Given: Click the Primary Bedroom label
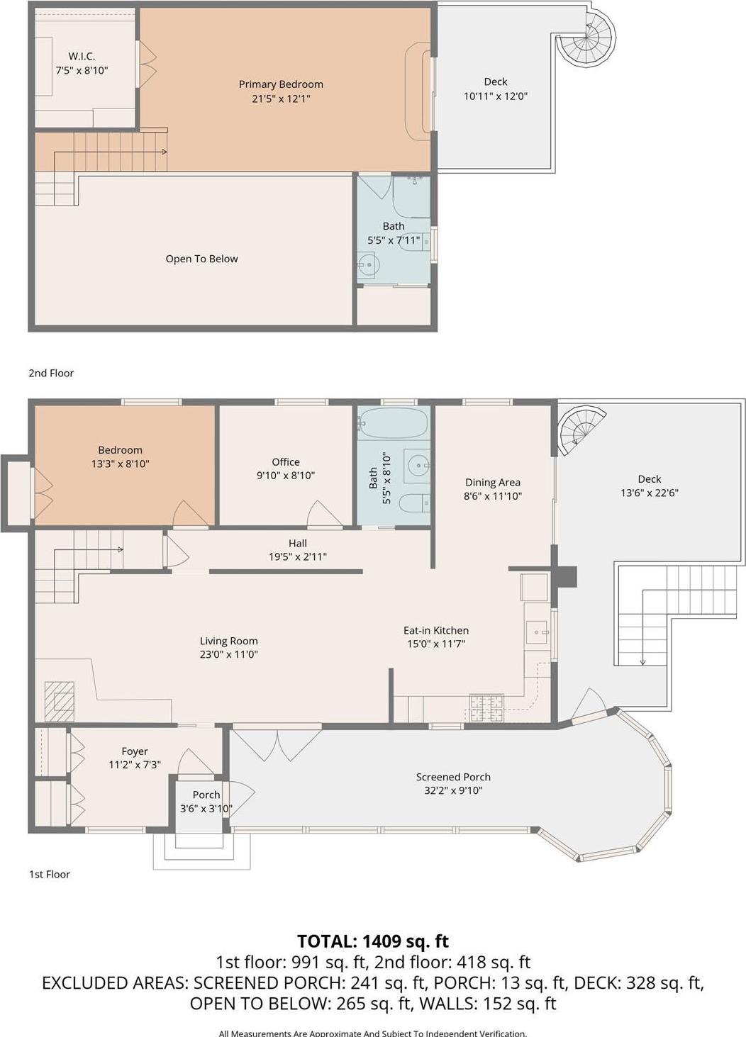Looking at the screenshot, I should pyautogui.click(x=281, y=84).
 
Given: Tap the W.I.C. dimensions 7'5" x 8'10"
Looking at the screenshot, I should pyautogui.click(x=82, y=70).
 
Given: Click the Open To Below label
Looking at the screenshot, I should pyautogui.click(x=201, y=259).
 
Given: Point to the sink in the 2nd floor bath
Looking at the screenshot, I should pyautogui.click(x=368, y=266).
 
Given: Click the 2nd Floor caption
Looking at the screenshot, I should pyautogui.click(x=51, y=373).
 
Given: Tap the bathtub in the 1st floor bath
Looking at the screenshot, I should pyautogui.click(x=393, y=423).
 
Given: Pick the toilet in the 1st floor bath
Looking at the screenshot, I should pyautogui.click(x=413, y=503).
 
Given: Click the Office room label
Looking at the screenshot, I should pyautogui.click(x=286, y=462).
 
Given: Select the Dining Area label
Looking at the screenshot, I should pyautogui.click(x=492, y=482).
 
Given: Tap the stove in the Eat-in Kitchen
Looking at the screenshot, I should pyautogui.click(x=486, y=707).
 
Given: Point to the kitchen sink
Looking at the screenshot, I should pyautogui.click(x=536, y=630).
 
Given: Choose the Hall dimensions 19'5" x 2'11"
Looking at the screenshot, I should pyautogui.click(x=298, y=557).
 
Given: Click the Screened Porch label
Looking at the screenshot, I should pyautogui.click(x=453, y=777).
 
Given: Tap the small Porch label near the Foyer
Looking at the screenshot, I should pyautogui.click(x=206, y=795).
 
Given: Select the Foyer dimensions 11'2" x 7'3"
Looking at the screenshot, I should pyautogui.click(x=135, y=765).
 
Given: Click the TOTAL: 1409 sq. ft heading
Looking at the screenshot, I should pyautogui.click(x=372, y=941).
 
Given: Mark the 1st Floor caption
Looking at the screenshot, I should pyautogui.click(x=50, y=874).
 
